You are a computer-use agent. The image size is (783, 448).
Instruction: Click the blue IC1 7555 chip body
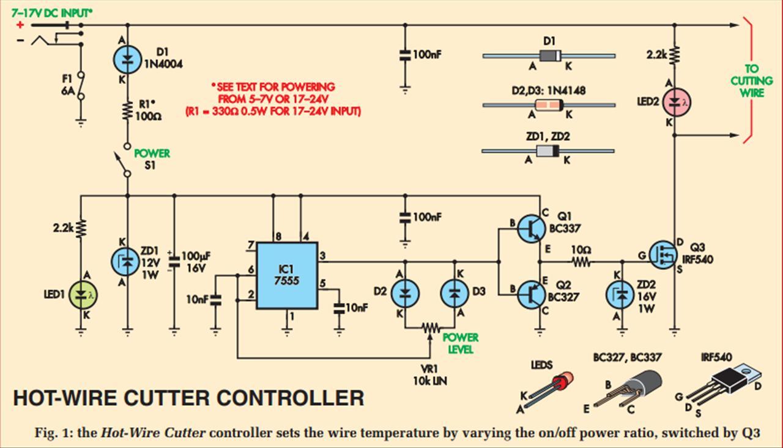[287, 275]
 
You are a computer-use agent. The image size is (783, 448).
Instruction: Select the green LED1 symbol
[83, 295]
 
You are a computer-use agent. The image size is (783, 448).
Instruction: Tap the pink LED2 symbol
[677, 102]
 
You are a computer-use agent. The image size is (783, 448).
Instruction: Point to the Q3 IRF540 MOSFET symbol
[663, 255]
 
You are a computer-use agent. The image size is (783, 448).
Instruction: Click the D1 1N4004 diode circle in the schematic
[128, 59]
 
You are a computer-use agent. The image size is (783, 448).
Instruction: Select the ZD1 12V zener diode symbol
[125, 261]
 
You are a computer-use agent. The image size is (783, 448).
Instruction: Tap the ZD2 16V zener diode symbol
[620, 295]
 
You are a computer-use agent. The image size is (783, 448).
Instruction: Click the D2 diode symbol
[405, 293]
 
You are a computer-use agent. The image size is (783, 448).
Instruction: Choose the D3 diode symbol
[455, 293]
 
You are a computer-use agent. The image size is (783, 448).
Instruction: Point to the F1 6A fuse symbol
[81, 86]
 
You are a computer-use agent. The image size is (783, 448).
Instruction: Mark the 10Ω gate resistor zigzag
[581, 261]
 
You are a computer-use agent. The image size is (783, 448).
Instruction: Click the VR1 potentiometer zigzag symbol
[431, 328]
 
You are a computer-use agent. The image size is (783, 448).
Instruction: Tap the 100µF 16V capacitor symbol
[174, 261]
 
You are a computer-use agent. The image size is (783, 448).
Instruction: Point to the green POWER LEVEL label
[461, 343]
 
